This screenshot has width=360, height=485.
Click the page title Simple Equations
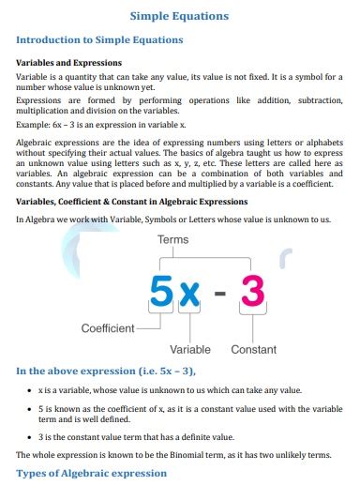tap(178, 16)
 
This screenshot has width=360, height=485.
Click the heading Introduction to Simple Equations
tap(99, 40)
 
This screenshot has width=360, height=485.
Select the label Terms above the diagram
tap(173, 240)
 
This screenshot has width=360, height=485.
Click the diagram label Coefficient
tap(107, 328)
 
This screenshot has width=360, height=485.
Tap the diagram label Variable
tap(189, 349)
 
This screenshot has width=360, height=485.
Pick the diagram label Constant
tap(253, 349)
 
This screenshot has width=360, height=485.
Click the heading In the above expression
tap(97, 371)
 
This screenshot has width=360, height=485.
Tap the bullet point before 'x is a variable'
tap(33, 388)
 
